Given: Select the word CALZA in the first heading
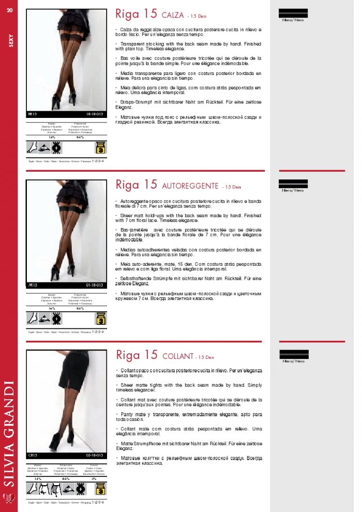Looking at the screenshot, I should pyautogui.click(x=173, y=15).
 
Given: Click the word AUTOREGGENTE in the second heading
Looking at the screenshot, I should pyautogui.click(x=190, y=186).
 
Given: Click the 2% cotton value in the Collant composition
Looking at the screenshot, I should pyautogui.click(x=94, y=478).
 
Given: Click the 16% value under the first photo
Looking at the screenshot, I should pyautogui.click(x=52, y=137).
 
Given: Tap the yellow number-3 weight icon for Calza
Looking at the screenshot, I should pyautogui.click(x=101, y=147).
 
